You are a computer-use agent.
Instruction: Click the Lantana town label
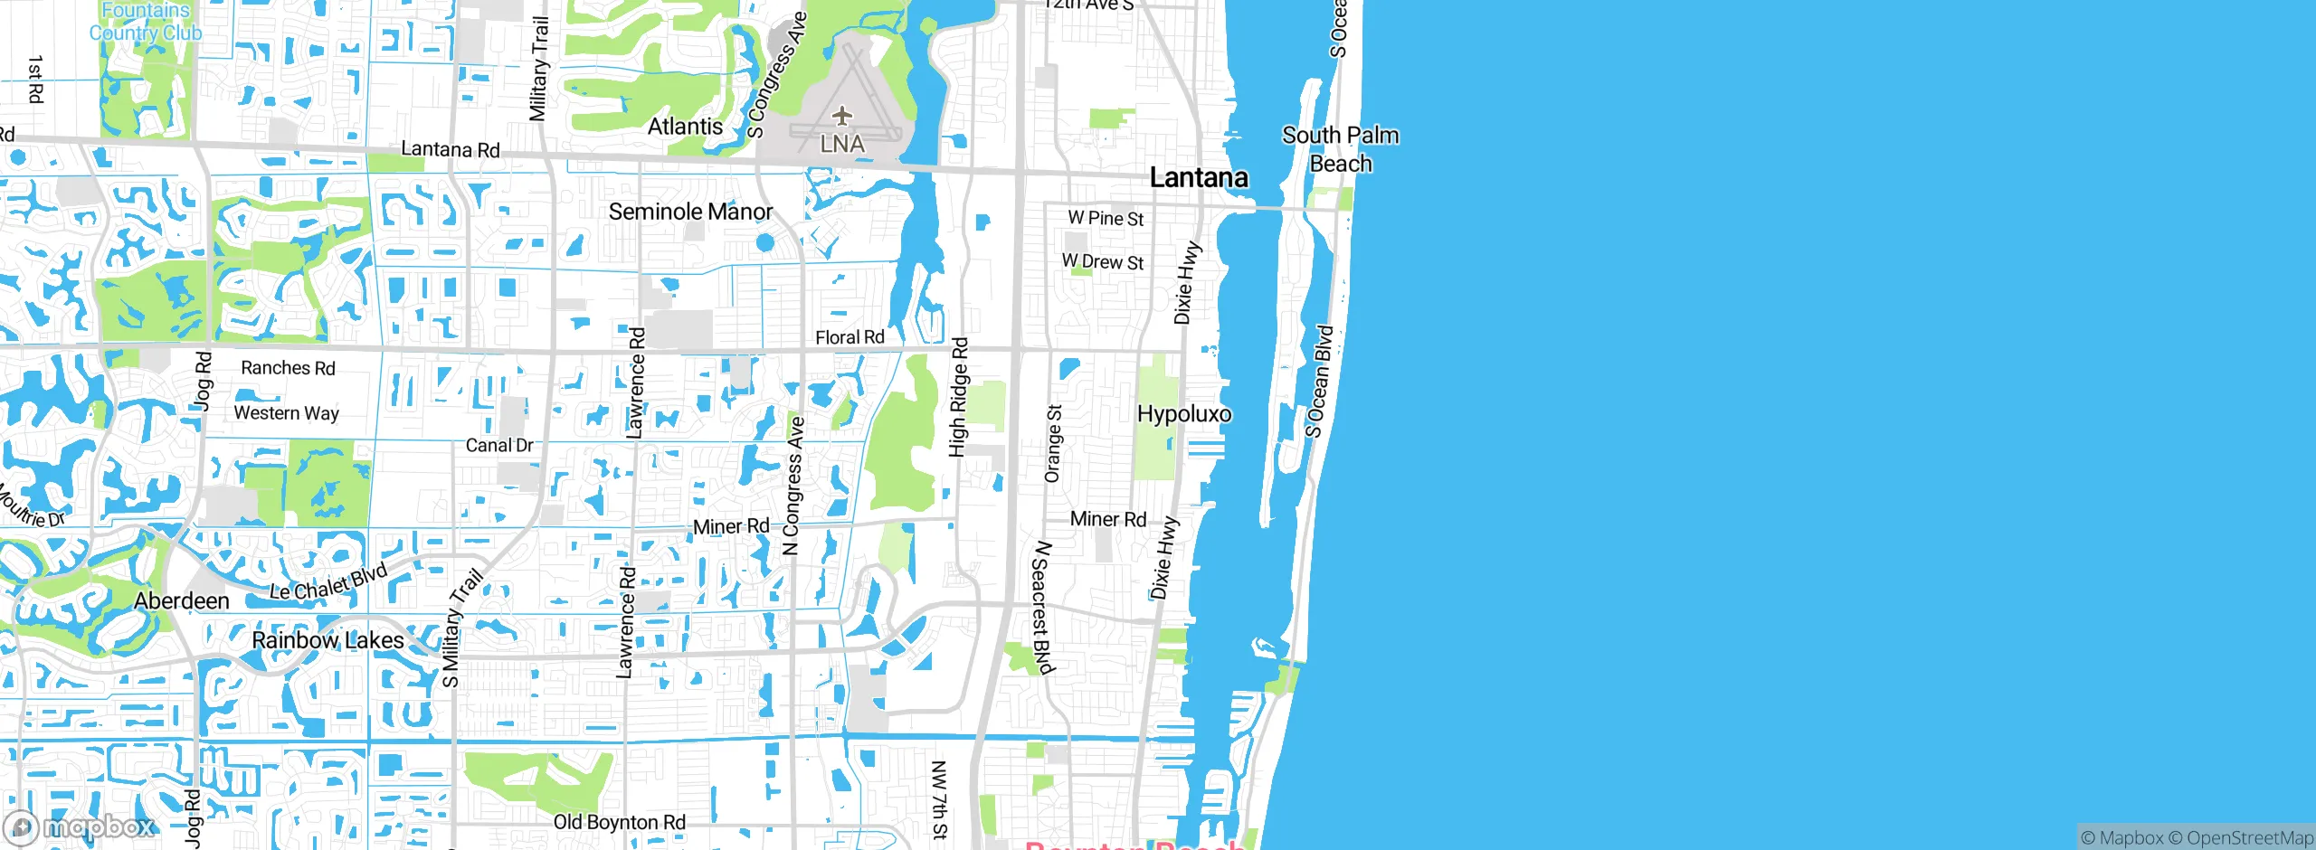(x=1199, y=177)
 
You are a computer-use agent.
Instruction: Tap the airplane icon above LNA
(x=842, y=116)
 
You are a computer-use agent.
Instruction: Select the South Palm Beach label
(x=1340, y=149)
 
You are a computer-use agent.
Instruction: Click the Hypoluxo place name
(x=1184, y=414)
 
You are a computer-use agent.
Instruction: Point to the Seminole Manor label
(x=690, y=212)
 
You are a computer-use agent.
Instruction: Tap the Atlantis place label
(x=685, y=127)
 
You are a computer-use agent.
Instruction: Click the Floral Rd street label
(x=850, y=337)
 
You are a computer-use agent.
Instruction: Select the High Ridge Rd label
(x=959, y=398)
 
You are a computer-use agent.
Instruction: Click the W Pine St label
(x=1106, y=218)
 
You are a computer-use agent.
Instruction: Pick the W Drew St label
(x=1103, y=261)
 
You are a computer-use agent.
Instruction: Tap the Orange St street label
(x=1053, y=443)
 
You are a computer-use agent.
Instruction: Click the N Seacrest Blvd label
(x=1043, y=608)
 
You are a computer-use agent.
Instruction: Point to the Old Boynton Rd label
(x=620, y=822)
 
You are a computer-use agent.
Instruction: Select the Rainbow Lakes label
(x=327, y=640)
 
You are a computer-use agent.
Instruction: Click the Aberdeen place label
(x=182, y=601)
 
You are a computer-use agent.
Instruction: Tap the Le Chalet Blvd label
(x=329, y=581)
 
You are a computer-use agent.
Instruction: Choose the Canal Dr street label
(x=499, y=445)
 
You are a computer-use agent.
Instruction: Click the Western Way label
(x=286, y=413)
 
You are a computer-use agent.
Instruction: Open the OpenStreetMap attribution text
(x=2249, y=838)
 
